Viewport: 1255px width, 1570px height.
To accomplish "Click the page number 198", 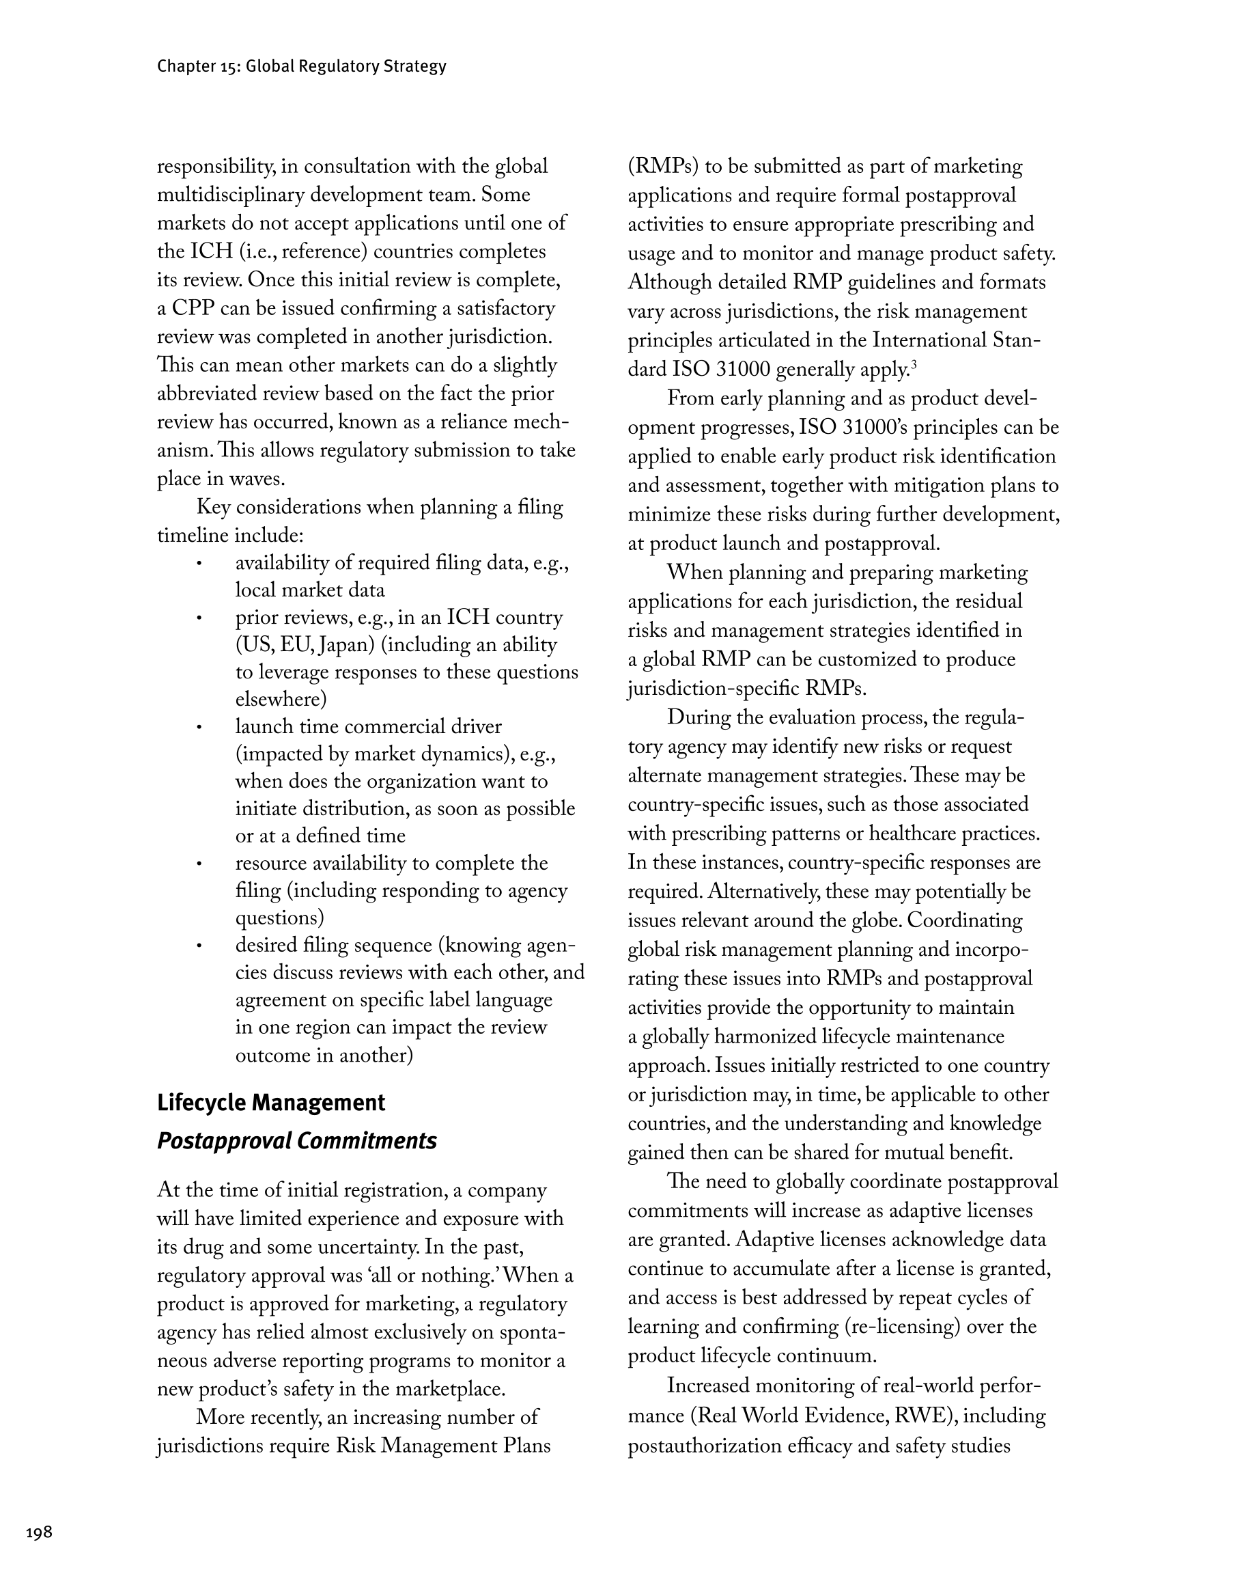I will [x=40, y=1532].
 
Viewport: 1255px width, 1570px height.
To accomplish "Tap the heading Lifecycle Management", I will [x=271, y=1103].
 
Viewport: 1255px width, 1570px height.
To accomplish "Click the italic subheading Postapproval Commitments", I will [x=296, y=1140].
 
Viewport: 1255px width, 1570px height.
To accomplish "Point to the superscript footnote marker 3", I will [x=914, y=365].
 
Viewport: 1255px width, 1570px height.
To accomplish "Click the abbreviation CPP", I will [x=193, y=309].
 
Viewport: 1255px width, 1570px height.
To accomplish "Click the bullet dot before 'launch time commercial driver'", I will [x=198, y=728].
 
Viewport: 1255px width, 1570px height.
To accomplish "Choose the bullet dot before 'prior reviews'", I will [x=198, y=618].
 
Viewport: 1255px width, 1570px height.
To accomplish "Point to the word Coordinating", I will [x=965, y=921].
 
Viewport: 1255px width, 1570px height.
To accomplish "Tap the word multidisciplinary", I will [x=231, y=195].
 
